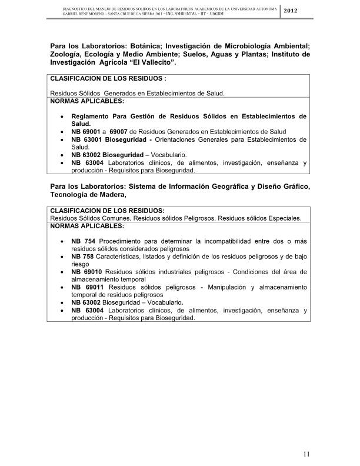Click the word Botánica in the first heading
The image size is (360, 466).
point(133,45)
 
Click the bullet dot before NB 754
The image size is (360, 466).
point(63,241)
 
